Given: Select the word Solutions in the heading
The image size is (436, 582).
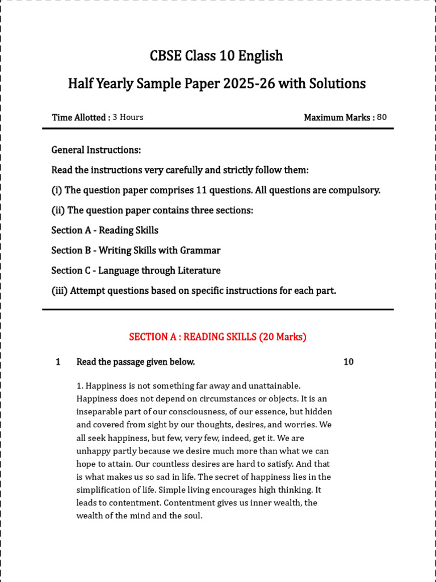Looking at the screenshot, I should pos(337,84).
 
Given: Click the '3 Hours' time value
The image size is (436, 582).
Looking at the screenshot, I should pos(128,117).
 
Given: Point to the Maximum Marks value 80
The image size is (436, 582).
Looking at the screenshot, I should pos(381,117).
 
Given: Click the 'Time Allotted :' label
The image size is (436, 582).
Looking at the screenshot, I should pos(81,118).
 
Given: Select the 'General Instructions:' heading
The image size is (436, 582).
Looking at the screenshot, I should pos(96,150).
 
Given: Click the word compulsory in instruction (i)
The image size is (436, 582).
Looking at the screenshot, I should pos(356,190).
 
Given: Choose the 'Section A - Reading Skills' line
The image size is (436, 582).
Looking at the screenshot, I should pos(104,230).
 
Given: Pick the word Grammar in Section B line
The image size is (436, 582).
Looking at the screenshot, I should pos(200,251).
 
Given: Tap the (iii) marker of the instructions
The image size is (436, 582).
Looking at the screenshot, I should pos(60,291).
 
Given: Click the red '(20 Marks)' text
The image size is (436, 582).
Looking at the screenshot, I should pos(283,337).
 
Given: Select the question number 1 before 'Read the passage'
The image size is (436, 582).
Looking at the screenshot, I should pos(58,362).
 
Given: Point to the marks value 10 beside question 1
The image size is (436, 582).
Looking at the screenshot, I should pos(349,362).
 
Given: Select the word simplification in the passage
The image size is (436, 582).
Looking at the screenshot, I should pos(104,490).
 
